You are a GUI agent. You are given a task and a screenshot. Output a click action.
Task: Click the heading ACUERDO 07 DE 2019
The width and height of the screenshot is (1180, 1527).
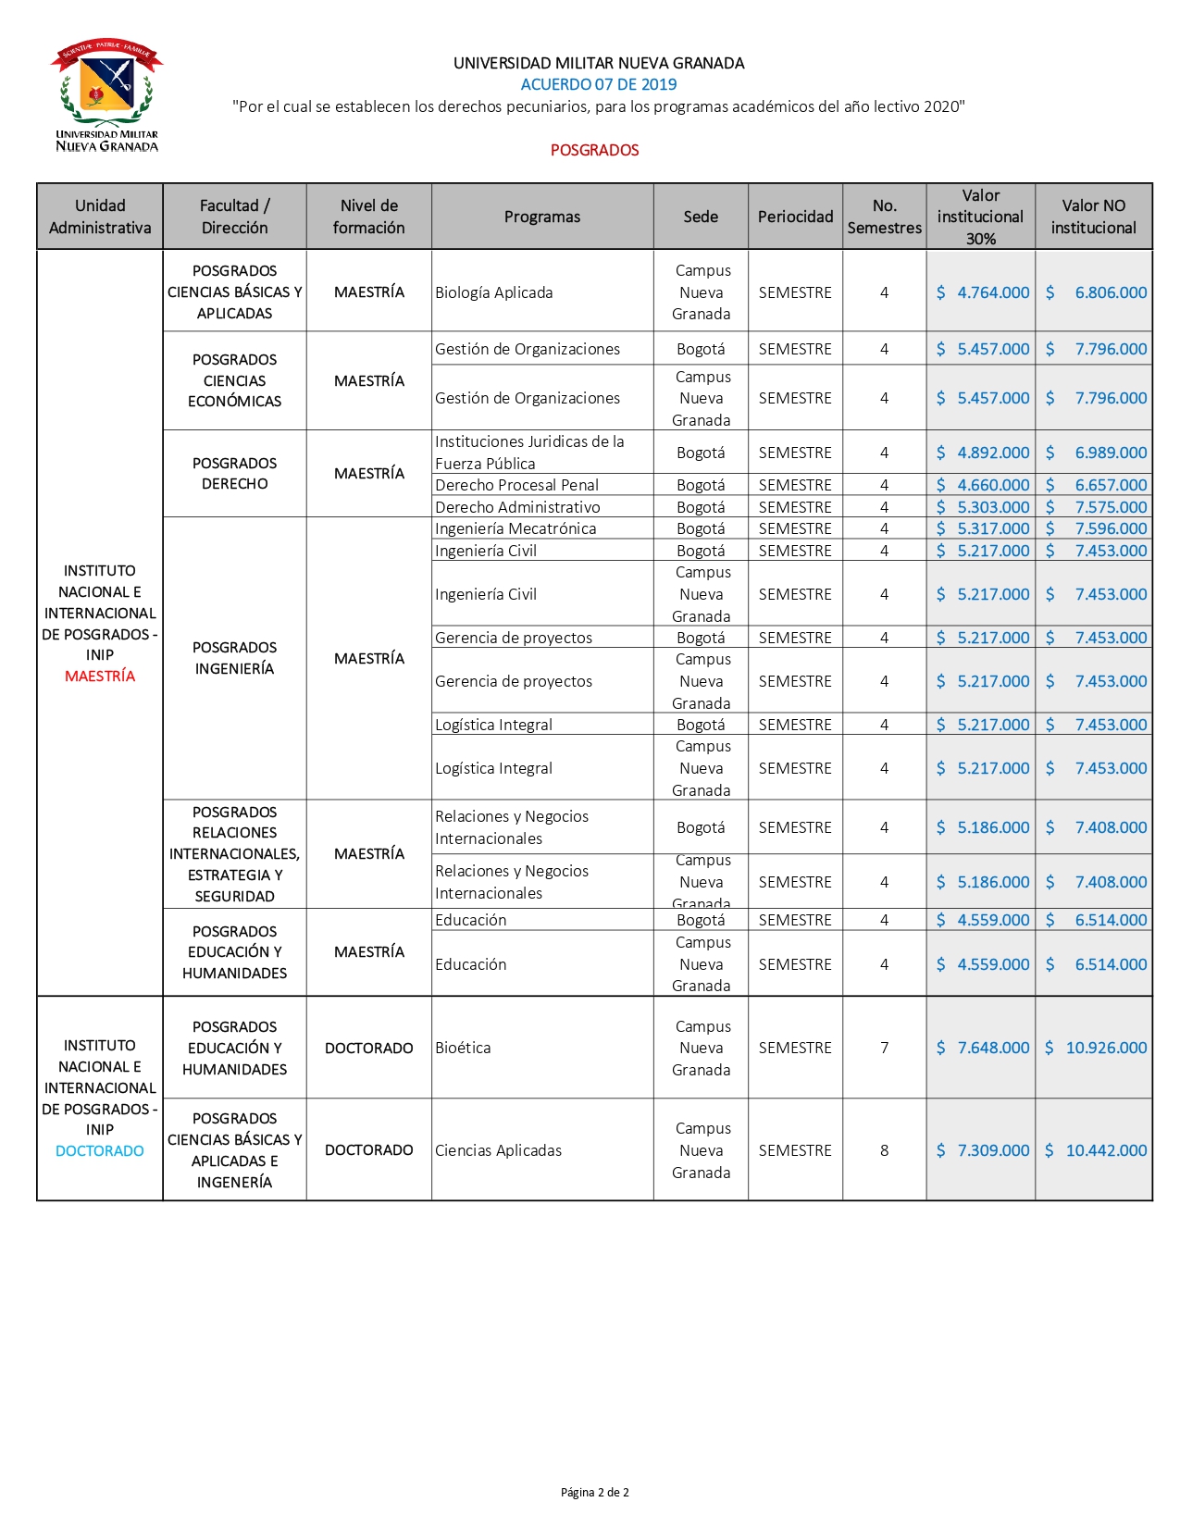[598, 84]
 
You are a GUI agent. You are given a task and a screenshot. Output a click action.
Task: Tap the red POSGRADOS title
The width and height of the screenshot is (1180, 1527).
[594, 150]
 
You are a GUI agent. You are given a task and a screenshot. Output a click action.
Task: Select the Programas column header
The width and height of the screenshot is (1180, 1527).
[542, 217]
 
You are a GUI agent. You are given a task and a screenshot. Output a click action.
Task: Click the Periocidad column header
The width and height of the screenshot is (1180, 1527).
[795, 217]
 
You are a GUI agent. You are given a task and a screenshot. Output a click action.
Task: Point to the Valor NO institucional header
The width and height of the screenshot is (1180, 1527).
[1093, 217]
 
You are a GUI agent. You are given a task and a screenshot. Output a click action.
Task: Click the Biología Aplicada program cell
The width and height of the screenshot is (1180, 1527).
[494, 292]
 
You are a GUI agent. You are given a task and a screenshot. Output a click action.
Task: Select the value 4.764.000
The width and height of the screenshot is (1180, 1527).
[992, 292]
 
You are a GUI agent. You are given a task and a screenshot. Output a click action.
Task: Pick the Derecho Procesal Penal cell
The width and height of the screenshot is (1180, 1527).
[516, 485]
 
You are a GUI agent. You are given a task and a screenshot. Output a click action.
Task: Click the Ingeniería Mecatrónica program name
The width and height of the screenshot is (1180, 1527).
[515, 528]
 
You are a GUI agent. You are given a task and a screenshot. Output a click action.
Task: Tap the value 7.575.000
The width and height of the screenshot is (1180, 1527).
[1110, 507]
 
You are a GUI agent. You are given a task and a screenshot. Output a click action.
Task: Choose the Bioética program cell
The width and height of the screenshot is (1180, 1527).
[463, 1048]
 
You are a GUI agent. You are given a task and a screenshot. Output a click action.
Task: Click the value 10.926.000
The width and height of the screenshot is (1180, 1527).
[1106, 1048]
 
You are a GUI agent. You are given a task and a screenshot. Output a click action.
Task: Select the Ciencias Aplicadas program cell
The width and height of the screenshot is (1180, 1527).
[498, 1150]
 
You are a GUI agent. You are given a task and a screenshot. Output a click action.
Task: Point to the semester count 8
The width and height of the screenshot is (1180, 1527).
[884, 1150]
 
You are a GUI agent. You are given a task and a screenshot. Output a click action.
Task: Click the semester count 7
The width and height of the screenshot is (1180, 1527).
[884, 1048]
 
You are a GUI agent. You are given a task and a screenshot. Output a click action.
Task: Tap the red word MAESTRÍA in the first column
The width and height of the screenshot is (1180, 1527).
[100, 677]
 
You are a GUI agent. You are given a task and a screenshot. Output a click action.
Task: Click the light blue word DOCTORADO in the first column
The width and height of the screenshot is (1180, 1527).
[100, 1151]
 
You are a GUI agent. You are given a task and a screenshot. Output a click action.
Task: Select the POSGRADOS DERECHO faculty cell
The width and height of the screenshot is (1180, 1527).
[234, 473]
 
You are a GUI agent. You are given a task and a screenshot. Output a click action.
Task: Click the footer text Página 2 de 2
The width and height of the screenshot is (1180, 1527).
[594, 1492]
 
